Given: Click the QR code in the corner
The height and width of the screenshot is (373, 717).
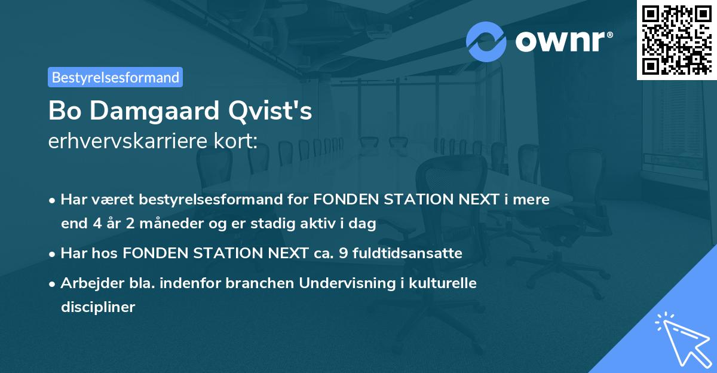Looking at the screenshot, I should [676, 40].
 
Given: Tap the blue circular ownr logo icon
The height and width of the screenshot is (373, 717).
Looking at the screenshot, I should [486, 41].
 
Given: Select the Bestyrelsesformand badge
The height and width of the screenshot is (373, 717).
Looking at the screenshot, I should [115, 77].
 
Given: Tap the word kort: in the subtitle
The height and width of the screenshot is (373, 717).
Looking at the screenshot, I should [238, 142].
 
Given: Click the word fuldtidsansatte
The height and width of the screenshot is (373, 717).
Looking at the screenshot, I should [407, 253].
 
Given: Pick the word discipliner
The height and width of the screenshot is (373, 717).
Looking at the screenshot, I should [98, 308].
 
